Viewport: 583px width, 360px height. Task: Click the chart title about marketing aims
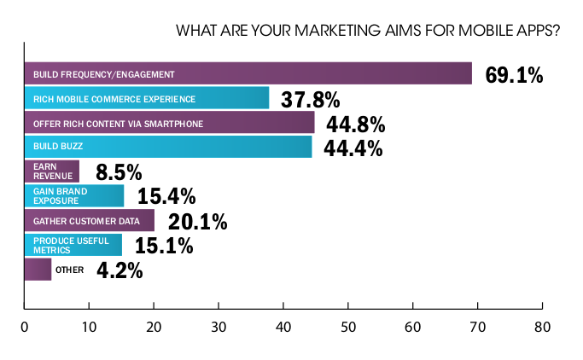pyautogui.click(x=367, y=32)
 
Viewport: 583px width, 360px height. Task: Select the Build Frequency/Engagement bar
pyautogui.click(x=248, y=73)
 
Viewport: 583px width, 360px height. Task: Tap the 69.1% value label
pyautogui.click(x=514, y=75)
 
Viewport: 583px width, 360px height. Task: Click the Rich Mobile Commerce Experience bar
pyautogui.click(x=146, y=98)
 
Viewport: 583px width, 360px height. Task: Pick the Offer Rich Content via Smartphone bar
pyautogui.click(x=169, y=123)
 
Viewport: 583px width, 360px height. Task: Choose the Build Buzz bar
pyautogui.click(x=168, y=148)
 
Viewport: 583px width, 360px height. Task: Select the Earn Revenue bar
pyautogui.click(x=51, y=171)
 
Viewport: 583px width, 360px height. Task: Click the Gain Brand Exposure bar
pyautogui.click(x=73, y=196)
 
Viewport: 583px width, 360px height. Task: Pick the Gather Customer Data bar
pyautogui.click(x=89, y=221)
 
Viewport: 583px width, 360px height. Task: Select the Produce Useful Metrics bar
pyautogui.click(x=73, y=246)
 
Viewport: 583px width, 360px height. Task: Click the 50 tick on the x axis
pyautogui.click(x=348, y=327)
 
